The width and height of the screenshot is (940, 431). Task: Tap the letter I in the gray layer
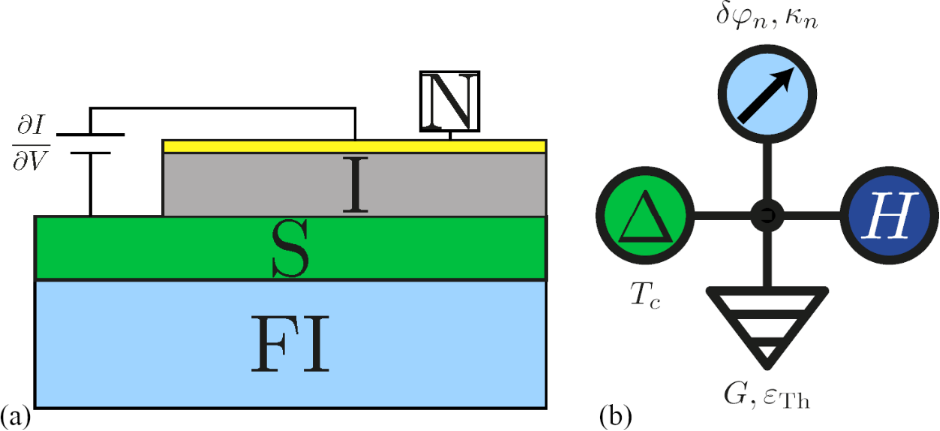pyautogui.click(x=355, y=185)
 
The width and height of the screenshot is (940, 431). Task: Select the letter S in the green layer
pyautogui.click(x=291, y=248)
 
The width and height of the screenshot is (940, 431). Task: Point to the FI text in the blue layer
pyautogui.click(x=291, y=343)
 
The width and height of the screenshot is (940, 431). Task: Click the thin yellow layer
pyautogui.click(x=354, y=146)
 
